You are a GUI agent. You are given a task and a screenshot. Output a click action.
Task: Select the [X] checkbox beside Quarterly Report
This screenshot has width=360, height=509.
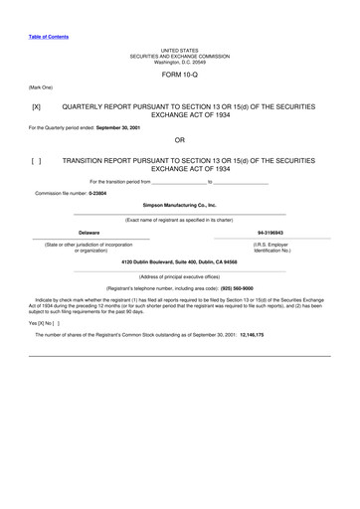37,104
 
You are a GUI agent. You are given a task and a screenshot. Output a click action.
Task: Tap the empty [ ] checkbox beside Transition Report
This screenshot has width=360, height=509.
37,159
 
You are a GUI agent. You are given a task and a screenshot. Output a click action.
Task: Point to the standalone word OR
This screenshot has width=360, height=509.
180,140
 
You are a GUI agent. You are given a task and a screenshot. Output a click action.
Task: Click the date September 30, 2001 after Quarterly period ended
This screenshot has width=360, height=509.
117,127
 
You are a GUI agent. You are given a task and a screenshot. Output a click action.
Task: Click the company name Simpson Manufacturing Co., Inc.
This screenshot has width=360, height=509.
180,204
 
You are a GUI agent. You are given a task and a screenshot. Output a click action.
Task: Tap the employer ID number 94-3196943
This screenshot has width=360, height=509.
270,232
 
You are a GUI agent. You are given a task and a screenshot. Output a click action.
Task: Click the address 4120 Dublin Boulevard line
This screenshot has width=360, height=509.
180,261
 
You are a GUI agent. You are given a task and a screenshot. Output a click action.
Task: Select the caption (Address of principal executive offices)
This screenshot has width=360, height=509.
180,276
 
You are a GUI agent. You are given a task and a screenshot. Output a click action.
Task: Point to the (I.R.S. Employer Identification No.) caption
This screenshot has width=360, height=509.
270,247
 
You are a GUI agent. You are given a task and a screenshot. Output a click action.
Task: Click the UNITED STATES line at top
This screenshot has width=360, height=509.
180,49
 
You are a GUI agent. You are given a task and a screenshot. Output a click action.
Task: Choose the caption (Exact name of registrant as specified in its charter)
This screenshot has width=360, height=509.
180,219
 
